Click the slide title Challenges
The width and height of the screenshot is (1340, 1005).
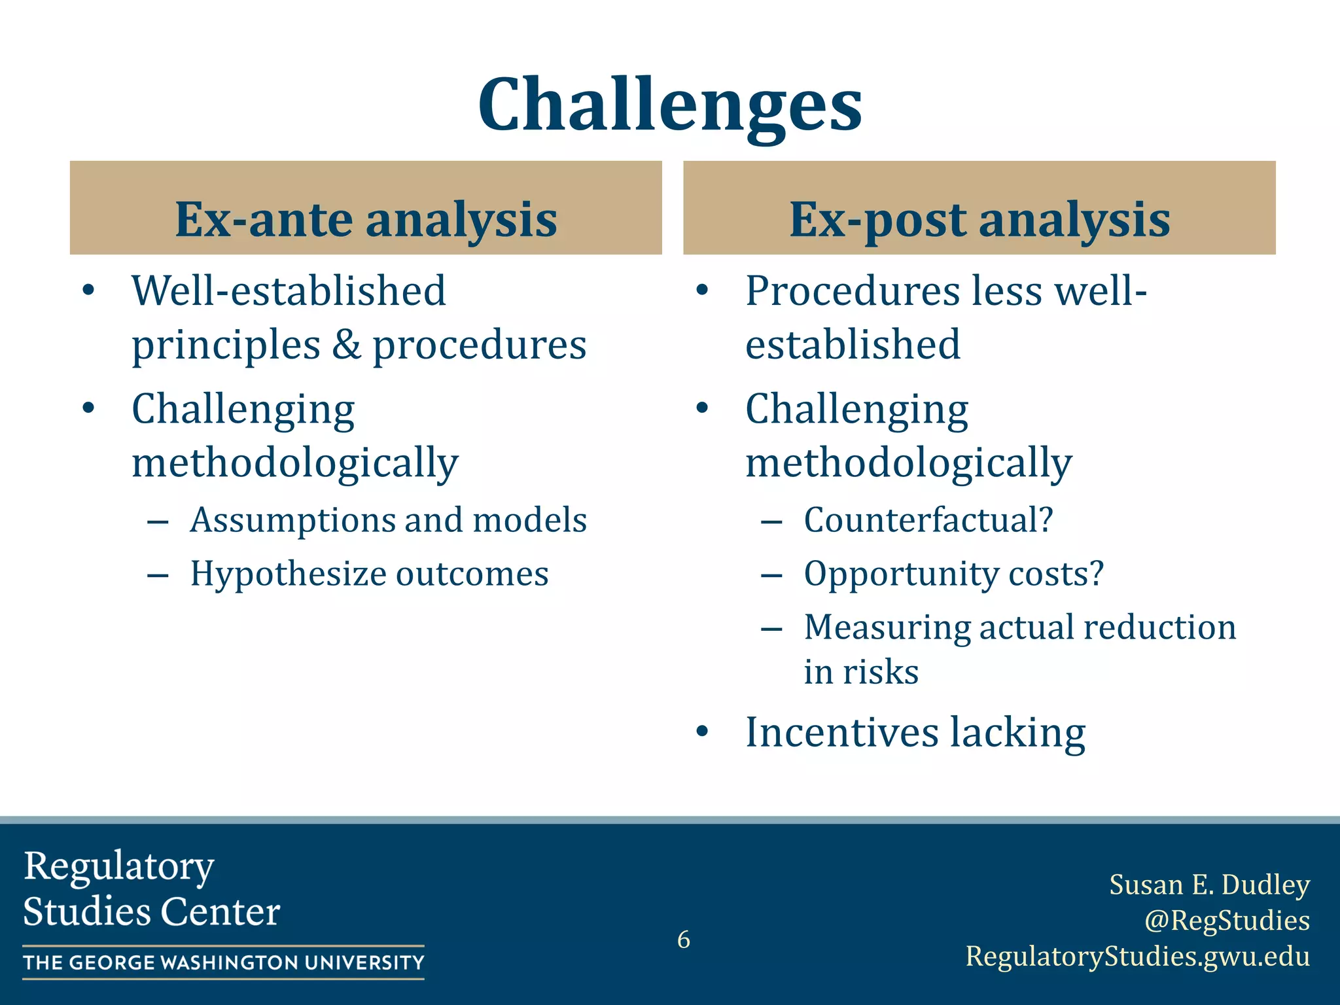click(670, 105)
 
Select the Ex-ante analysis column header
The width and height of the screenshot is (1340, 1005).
click(366, 219)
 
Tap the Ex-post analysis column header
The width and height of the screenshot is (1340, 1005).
click(979, 219)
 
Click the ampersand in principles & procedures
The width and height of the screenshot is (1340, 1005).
click(346, 345)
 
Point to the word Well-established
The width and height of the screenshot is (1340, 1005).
click(289, 291)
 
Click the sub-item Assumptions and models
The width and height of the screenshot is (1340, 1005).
click(388, 520)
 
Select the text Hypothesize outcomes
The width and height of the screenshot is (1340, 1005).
click(369, 574)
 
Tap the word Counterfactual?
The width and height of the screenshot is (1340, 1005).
click(928, 520)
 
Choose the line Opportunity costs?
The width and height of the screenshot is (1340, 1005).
click(953, 574)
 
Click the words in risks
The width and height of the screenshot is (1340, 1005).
click(861, 672)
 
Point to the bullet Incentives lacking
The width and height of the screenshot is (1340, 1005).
click(915, 732)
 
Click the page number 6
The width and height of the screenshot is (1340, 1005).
click(683, 940)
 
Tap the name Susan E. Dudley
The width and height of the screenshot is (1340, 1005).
click(1209, 885)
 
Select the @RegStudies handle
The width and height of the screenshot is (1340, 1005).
click(1227, 920)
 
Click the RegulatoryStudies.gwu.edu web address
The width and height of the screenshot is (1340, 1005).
click(1137, 956)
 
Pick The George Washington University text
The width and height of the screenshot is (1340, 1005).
click(223, 962)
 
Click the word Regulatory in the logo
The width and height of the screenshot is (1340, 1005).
click(118, 866)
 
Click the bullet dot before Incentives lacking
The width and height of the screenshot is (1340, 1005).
click(702, 732)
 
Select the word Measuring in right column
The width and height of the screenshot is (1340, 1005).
click(887, 627)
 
